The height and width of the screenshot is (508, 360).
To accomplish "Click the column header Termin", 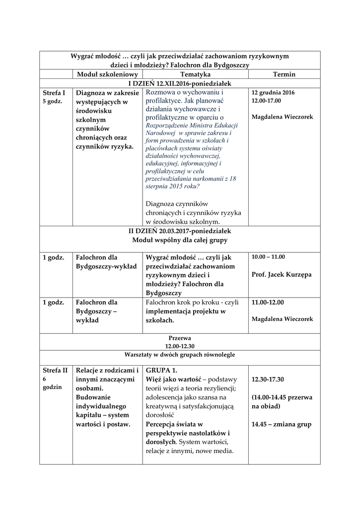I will click(x=284, y=74).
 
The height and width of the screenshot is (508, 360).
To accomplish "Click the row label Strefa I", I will click(x=54, y=92).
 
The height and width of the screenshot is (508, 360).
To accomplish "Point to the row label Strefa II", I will click(x=55, y=370).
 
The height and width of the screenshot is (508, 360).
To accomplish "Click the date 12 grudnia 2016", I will click(x=273, y=92).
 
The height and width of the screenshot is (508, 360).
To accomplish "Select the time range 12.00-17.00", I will click(x=266, y=101).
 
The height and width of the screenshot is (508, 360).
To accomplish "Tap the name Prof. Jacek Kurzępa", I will click(x=282, y=274).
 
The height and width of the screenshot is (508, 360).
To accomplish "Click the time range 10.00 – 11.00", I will click(x=268, y=257).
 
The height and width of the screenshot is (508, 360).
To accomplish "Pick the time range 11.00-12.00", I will click(x=269, y=302).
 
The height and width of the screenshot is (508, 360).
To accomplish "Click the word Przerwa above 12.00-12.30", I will click(x=179, y=337).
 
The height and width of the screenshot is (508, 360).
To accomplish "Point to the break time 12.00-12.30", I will click(x=179, y=345).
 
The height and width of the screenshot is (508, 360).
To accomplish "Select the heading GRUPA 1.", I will click(x=161, y=370).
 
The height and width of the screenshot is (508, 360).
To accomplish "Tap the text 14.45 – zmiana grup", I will click(x=281, y=424).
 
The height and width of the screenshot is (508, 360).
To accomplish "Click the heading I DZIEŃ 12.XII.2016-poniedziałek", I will click(x=180, y=83).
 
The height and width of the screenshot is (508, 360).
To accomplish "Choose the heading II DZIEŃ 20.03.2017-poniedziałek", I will click(x=179, y=231).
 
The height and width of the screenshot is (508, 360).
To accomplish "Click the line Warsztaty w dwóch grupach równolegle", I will click(x=179, y=355).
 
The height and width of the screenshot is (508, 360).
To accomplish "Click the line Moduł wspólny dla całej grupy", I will click(x=179, y=240).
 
